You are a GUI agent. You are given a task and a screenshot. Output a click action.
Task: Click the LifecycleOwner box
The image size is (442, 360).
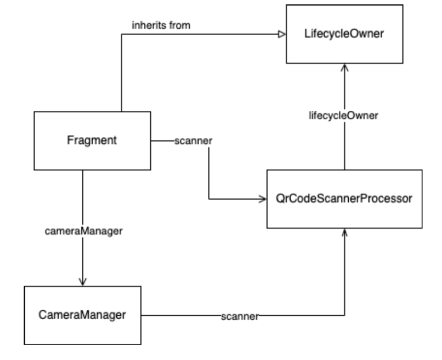point(344,34)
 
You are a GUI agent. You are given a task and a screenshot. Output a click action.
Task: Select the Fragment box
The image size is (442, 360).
point(92,141)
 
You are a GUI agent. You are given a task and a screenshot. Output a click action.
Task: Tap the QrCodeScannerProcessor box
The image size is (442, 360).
point(344,199)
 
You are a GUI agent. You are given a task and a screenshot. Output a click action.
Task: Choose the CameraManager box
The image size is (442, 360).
point(82,315)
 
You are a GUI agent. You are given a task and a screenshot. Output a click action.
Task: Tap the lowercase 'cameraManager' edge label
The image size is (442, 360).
point(84,231)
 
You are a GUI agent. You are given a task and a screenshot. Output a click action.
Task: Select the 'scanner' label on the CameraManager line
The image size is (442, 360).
point(239,315)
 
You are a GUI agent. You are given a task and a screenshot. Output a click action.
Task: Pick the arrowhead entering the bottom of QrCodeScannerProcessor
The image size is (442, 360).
point(344,232)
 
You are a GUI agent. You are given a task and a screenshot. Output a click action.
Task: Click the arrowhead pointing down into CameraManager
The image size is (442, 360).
point(83,281)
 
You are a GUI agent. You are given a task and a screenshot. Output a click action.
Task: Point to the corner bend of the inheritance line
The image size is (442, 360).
point(121,35)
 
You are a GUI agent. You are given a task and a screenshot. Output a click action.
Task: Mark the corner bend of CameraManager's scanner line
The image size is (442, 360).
point(344,315)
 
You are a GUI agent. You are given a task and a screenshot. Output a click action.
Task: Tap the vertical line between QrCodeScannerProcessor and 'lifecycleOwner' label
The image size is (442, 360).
point(344,147)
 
